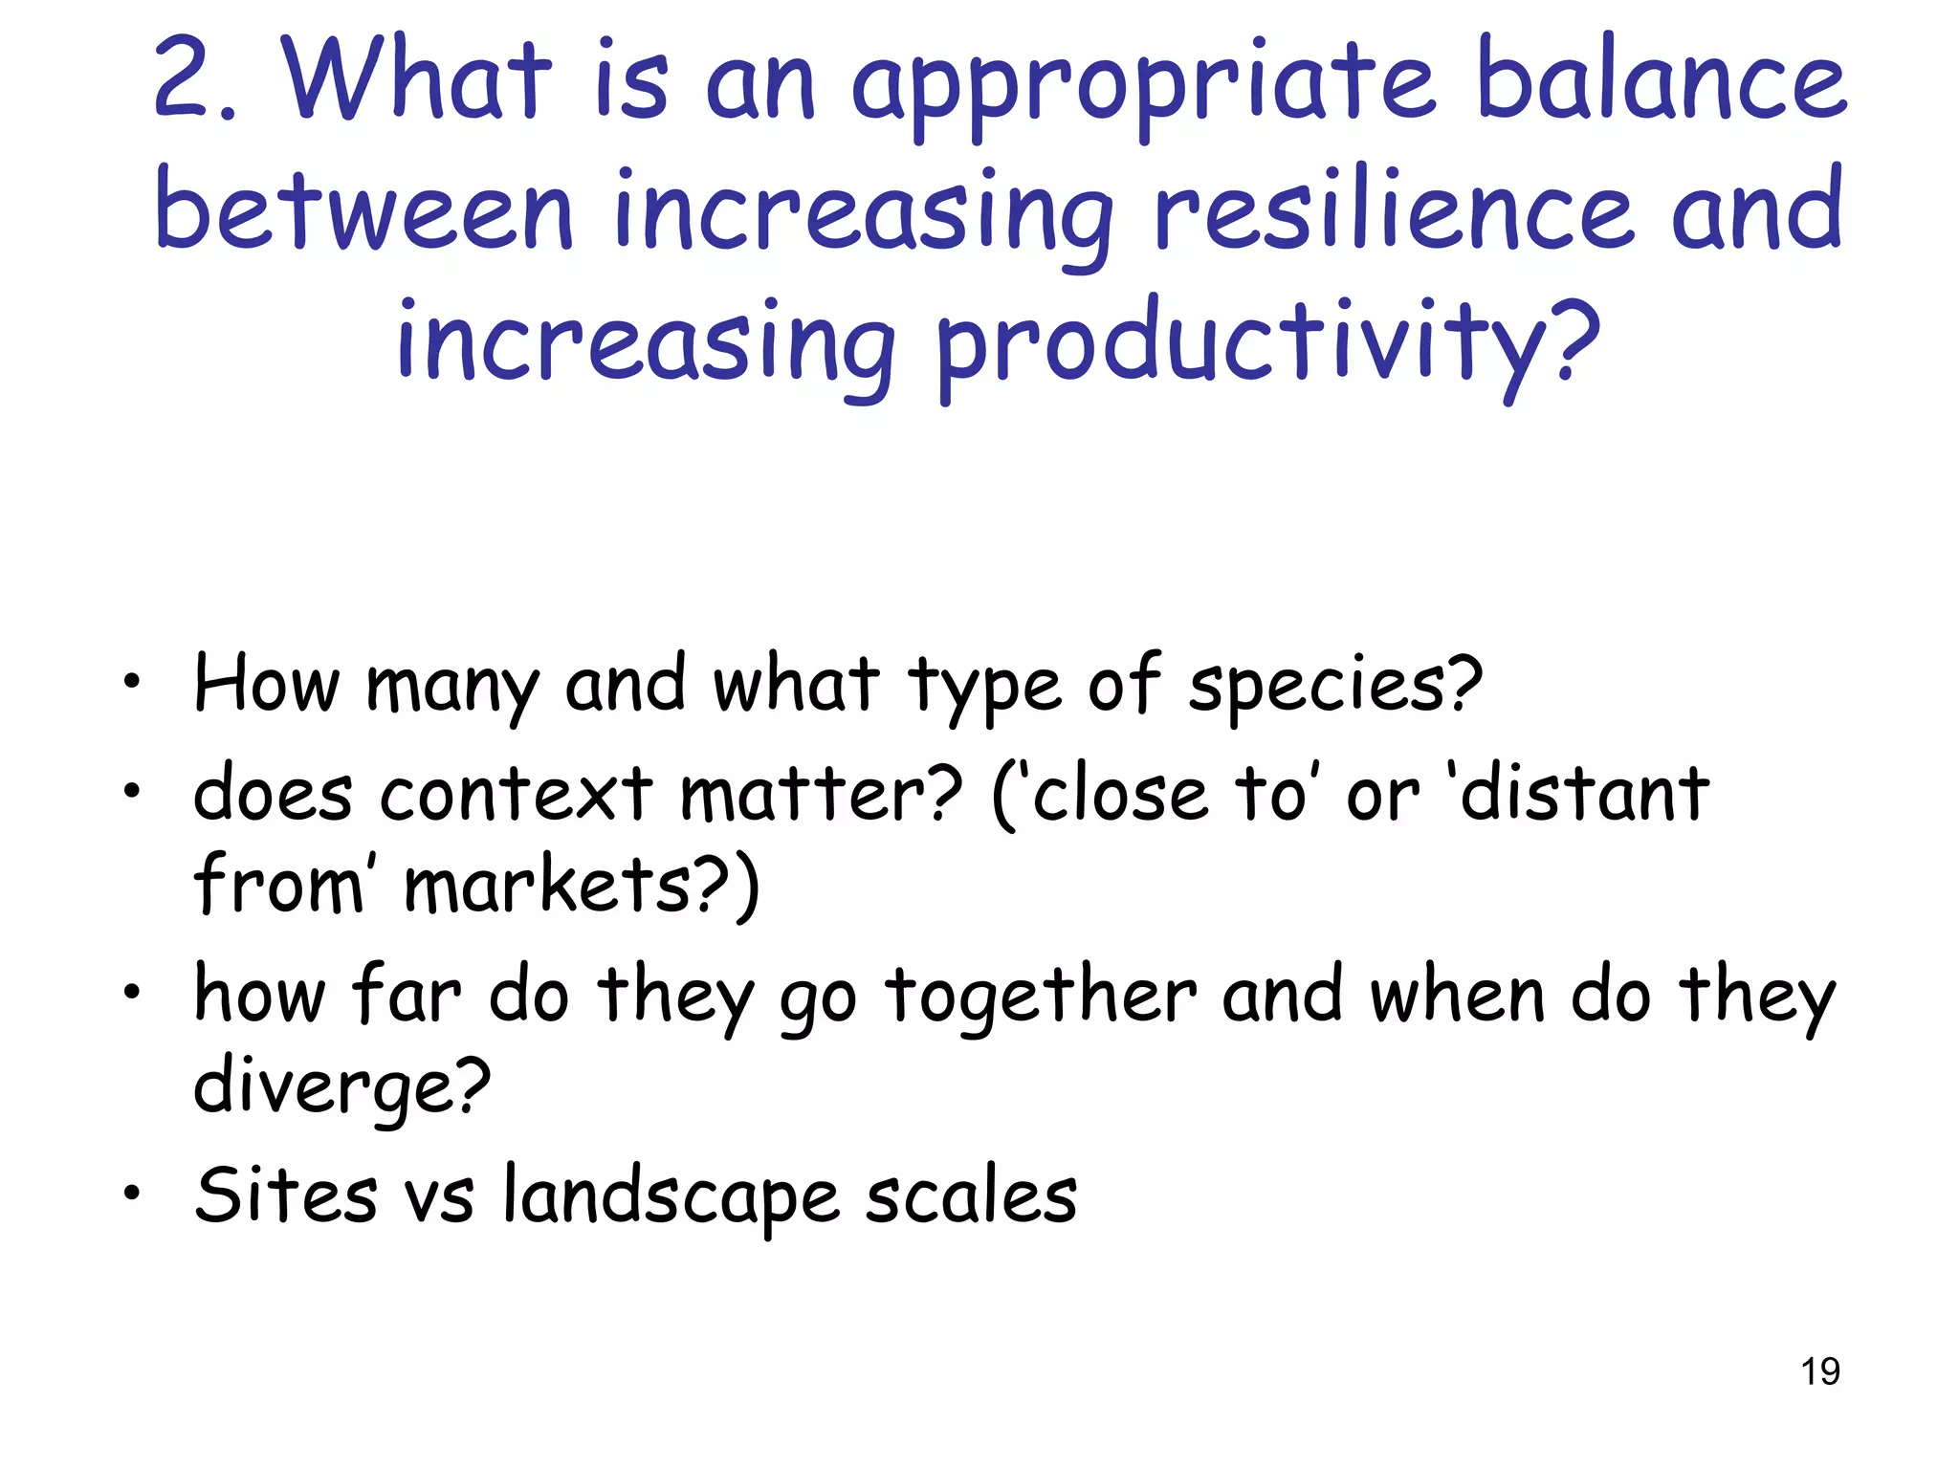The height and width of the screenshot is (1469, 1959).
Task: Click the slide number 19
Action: click(x=1819, y=1371)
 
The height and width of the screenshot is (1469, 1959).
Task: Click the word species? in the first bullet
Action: click(x=1334, y=687)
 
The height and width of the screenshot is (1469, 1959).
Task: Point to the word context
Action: click(x=516, y=794)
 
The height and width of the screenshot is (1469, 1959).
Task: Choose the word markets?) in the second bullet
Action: click(x=581, y=886)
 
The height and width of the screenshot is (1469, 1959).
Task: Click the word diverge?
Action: click(x=341, y=1086)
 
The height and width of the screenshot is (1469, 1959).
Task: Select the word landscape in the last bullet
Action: click(x=671, y=1195)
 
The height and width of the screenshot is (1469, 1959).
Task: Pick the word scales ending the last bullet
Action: click(x=971, y=1195)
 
